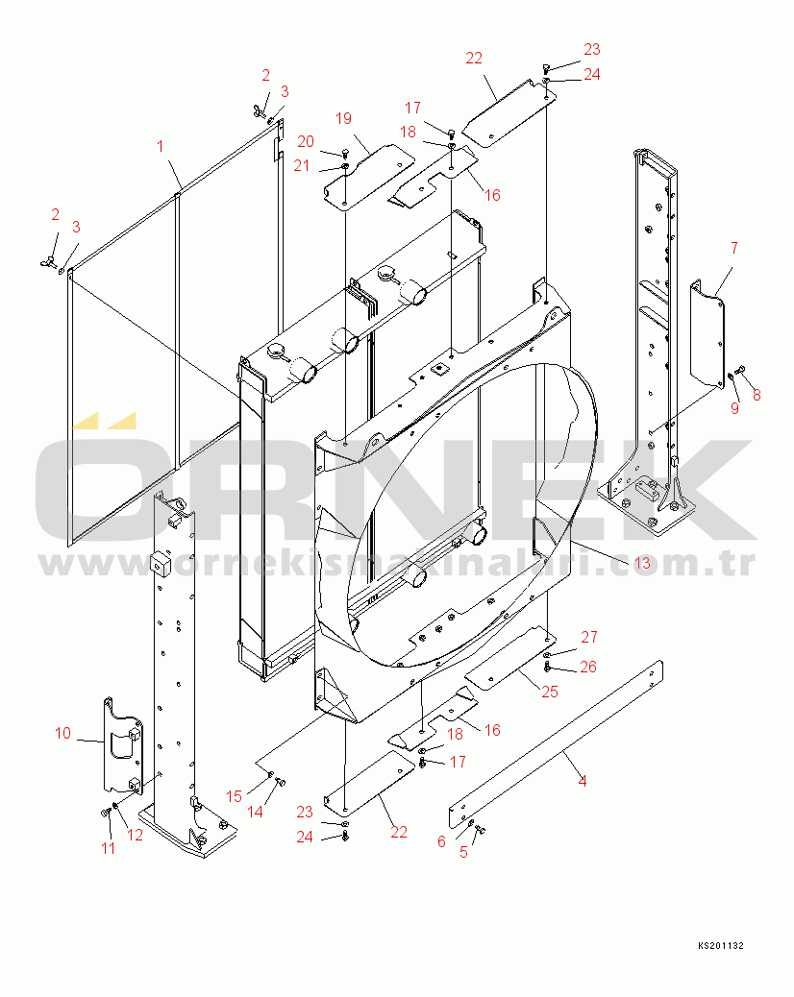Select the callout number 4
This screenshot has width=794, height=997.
tap(582, 781)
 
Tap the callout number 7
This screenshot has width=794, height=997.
tap(733, 248)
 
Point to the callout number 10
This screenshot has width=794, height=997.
tap(63, 734)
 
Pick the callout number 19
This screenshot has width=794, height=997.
tap(344, 118)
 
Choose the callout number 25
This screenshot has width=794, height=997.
tap(550, 691)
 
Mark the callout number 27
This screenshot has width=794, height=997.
tap(588, 637)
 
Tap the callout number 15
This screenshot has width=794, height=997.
tap(234, 795)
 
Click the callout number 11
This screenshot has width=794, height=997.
tap(108, 848)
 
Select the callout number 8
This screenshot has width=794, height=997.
tap(756, 394)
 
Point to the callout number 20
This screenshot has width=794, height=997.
tap(305, 141)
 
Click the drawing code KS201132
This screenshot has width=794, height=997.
tap(720, 946)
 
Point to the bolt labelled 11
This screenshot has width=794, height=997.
tap(104, 813)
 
